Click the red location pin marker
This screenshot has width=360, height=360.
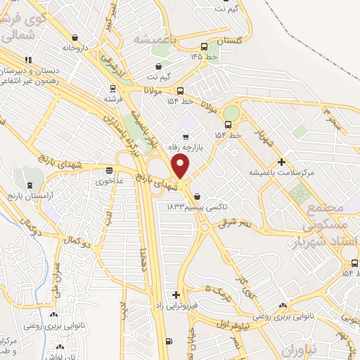[181, 167]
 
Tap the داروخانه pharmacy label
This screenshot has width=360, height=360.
[77, 48]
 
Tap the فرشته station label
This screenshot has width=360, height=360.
[112, 98]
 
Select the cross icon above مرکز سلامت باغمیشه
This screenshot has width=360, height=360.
[281, 162]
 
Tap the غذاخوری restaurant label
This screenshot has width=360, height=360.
[110, 180]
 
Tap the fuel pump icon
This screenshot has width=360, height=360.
[167, 342]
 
